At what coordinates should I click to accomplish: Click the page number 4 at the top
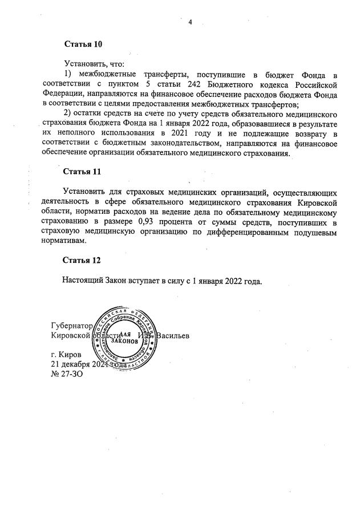pyautogui.click(x=190, y=22)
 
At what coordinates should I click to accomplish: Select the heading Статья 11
pyautogui.click(x=82, y=171)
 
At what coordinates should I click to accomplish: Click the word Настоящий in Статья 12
pyautogui.click(x=83, y=281)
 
